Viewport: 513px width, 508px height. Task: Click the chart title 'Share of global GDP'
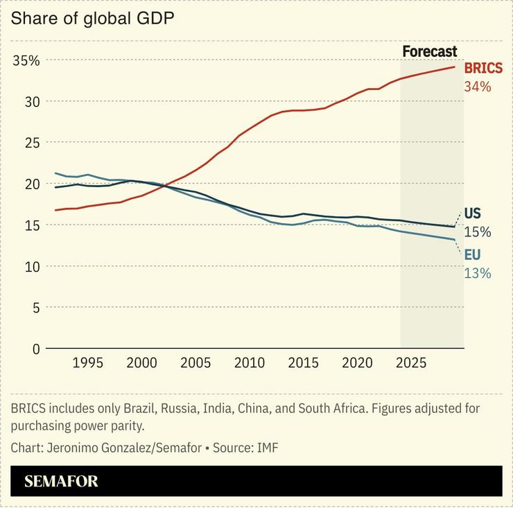point(92,18)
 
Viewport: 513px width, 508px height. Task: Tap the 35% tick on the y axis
point(26,60)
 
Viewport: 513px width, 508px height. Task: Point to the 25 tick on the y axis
point(32,143)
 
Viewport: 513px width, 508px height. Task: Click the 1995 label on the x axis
point(88,363)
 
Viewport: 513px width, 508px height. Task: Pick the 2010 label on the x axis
point(250,363)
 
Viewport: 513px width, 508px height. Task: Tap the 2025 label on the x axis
point(411,363)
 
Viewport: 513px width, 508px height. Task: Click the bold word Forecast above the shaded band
point(430,51)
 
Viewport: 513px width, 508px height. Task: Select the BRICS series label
point(483,69)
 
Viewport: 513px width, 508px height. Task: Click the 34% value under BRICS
point(477,87)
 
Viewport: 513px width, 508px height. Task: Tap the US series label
point(472,213)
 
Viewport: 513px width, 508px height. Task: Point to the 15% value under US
point(477,231)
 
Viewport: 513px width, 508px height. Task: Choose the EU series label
point(471,255)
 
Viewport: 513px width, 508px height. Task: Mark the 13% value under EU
point(477,273)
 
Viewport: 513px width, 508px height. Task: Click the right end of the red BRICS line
point(455,67)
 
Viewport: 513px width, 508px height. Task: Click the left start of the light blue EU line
point(55,173)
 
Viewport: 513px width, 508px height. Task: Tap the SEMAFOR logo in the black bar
point(61,481)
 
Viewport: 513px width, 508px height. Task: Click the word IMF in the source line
point(267,448)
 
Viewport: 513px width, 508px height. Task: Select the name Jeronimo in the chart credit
point(73,448)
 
